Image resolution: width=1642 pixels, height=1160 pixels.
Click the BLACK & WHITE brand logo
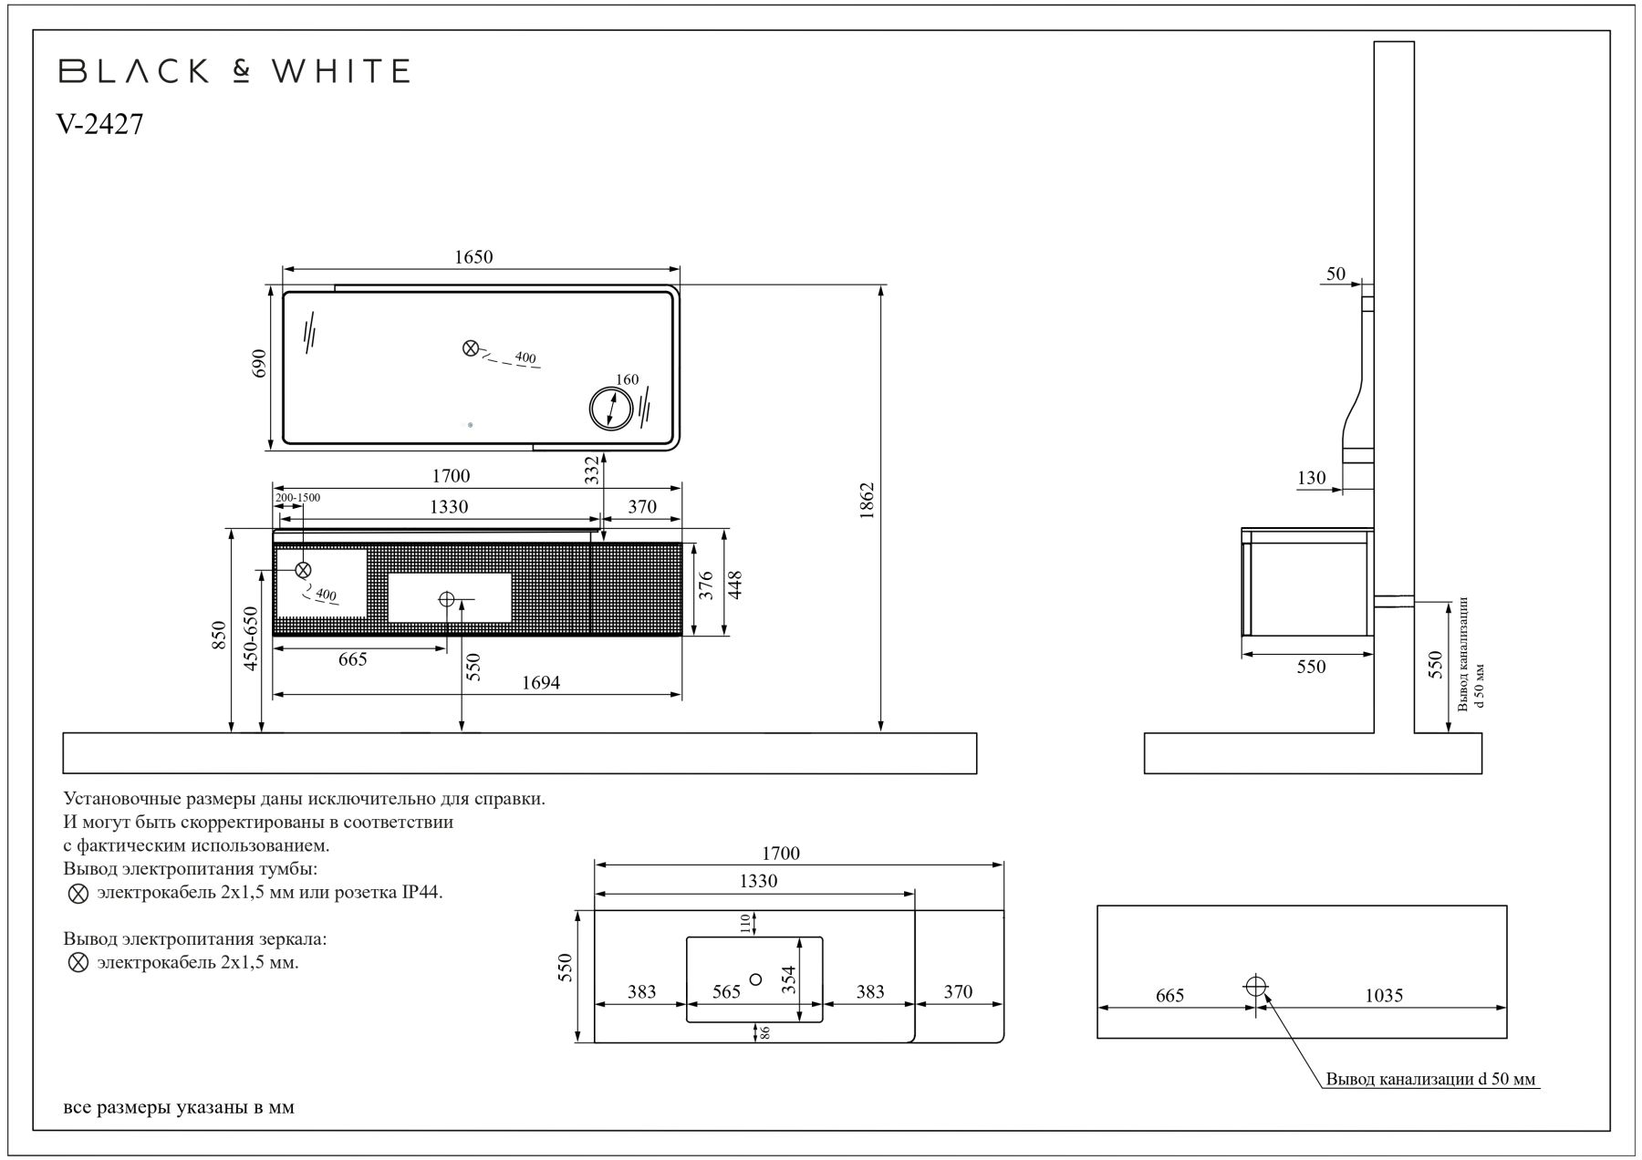coord(234,71)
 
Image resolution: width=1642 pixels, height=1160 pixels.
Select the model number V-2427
coord(100,125)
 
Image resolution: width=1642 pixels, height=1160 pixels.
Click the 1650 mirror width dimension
coord(473,257)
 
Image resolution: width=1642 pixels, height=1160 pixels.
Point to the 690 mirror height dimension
coord(259,364)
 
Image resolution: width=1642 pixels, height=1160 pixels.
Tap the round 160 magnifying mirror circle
coord(610,408)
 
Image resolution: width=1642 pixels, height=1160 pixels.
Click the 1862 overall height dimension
coord(867,501)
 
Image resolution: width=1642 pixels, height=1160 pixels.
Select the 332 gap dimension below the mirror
coord(591,470)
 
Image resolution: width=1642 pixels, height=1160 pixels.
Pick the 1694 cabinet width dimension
coord(540,682)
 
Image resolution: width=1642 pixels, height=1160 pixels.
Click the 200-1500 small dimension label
coord(298,497)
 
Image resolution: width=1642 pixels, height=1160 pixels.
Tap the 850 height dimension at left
coord(219,635)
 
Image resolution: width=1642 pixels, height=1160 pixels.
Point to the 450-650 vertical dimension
coord(252,638)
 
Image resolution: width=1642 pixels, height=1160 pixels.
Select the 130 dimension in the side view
coord(1311,478)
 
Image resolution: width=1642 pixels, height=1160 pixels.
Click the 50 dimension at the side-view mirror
coord(1335,274)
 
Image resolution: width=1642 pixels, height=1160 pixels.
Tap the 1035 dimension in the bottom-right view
coord(1384,996)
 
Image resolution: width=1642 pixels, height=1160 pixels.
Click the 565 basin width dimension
coord(726,991)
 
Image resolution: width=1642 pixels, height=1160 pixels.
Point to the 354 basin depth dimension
coord(789,981)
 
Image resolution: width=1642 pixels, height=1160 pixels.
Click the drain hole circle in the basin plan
coord(754,979)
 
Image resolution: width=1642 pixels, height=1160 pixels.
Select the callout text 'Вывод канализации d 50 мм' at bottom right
coord(1430,1080)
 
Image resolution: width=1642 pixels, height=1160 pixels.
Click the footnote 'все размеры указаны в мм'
coord(179,1108)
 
